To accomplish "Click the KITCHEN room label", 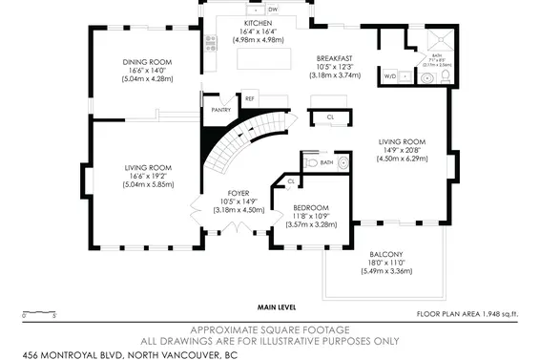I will click(258, 22).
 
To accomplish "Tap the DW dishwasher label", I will click(272, 10).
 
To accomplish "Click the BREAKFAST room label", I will click(335, 58).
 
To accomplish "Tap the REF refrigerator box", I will click(250, 98).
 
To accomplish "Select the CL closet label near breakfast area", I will click(329, 116).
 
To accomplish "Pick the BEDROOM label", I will click(311, 208).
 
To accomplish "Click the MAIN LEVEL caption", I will click(278, 307).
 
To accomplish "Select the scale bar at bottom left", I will click(39, 311).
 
